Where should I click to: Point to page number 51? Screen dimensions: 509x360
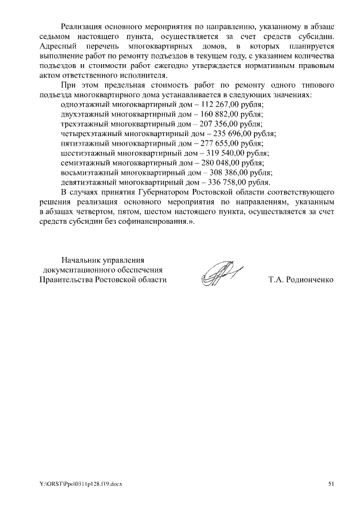point(331,484)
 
